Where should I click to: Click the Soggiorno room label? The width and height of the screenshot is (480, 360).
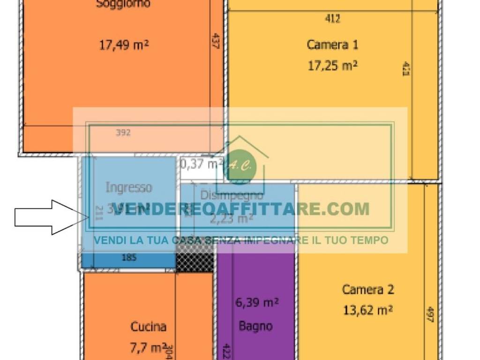123,4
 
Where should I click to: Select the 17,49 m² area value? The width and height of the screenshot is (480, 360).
124,45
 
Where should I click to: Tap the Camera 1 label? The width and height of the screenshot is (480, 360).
332,45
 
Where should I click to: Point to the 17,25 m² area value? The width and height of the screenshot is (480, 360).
332,66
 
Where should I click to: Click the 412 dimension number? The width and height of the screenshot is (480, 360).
332,19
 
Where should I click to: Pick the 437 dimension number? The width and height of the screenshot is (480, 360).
216,41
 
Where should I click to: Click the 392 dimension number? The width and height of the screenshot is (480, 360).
123,133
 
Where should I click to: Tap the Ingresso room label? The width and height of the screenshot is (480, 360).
129,187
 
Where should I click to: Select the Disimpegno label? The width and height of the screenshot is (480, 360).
232,195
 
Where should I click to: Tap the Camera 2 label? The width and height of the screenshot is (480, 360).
368,289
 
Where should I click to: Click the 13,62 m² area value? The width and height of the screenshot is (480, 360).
368,310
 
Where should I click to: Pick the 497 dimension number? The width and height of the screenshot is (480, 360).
430,315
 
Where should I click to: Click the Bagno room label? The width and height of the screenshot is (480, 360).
255,326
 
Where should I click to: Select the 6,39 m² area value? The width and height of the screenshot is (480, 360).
257,303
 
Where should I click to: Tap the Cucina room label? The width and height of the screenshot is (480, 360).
148,327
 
